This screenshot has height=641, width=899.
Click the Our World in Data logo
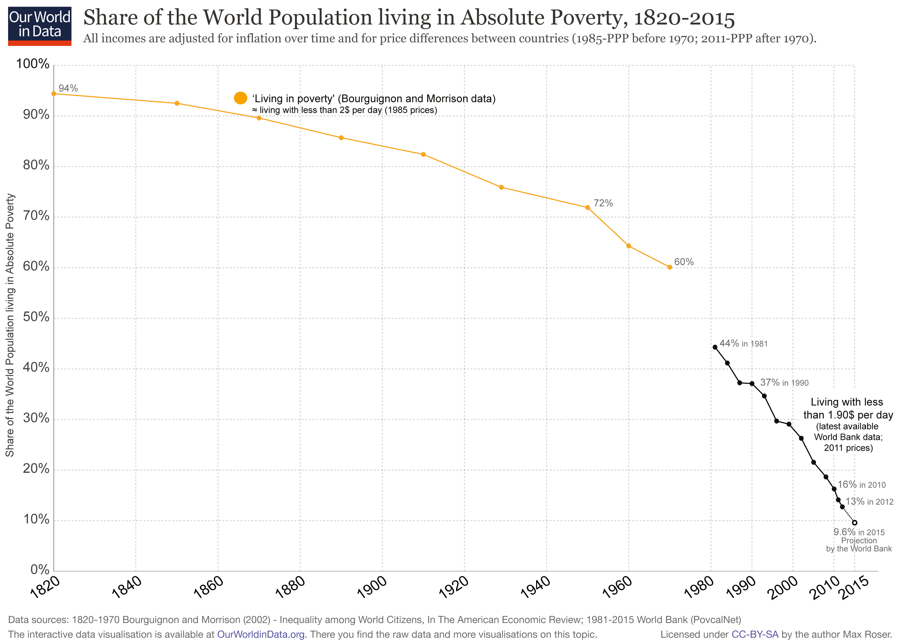point(40,26)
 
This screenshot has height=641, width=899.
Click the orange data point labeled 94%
point(54,93)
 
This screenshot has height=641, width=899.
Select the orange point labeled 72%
point(587,208)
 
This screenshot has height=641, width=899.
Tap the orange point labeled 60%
point(670,267)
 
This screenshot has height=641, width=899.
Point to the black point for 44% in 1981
point(715,347)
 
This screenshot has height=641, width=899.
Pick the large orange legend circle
point(240,98)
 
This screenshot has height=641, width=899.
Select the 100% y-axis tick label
point(33,64)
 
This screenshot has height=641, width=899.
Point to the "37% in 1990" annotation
point(784,382)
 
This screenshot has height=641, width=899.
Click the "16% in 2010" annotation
point(862,484)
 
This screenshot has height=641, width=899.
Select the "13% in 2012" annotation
point(869,501)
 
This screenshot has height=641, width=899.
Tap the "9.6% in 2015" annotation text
point(859,532)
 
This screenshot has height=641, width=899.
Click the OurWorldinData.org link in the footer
point(262,634)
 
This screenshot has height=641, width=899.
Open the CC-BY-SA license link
point(755,634)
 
